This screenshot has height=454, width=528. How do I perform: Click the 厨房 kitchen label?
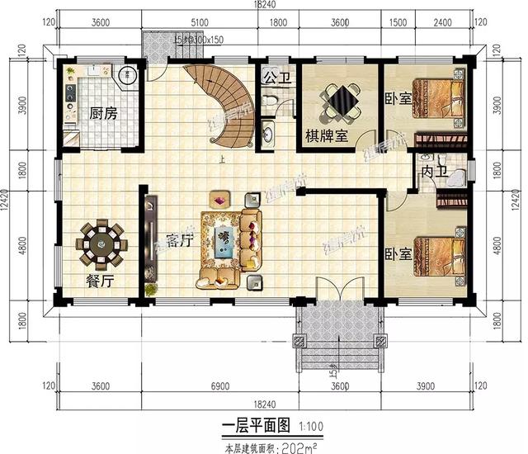pos(103,113)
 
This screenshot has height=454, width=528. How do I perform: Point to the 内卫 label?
pos(433,172)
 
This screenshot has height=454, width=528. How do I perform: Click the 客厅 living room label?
pos(180,242)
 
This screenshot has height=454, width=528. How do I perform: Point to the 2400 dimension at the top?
pos(443,23)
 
